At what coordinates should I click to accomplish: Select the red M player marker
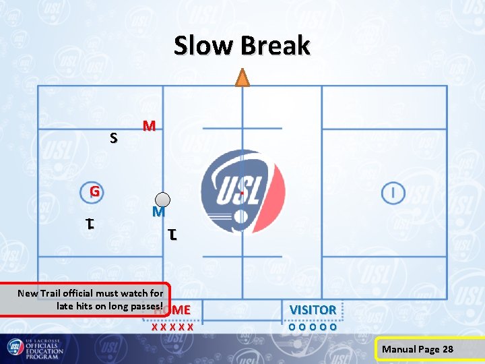pos(150,126)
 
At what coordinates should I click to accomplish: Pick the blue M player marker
pos(158,212)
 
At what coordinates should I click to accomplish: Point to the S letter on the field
pos(114,138)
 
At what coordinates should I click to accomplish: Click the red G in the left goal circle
pos(95,191)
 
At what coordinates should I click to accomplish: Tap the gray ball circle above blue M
pos(163,199)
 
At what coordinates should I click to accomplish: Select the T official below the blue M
pos(173,235)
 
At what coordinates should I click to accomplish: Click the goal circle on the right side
pos(393,193)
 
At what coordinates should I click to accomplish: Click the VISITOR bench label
pos(313,309)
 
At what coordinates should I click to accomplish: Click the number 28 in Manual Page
pos(447,349)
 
